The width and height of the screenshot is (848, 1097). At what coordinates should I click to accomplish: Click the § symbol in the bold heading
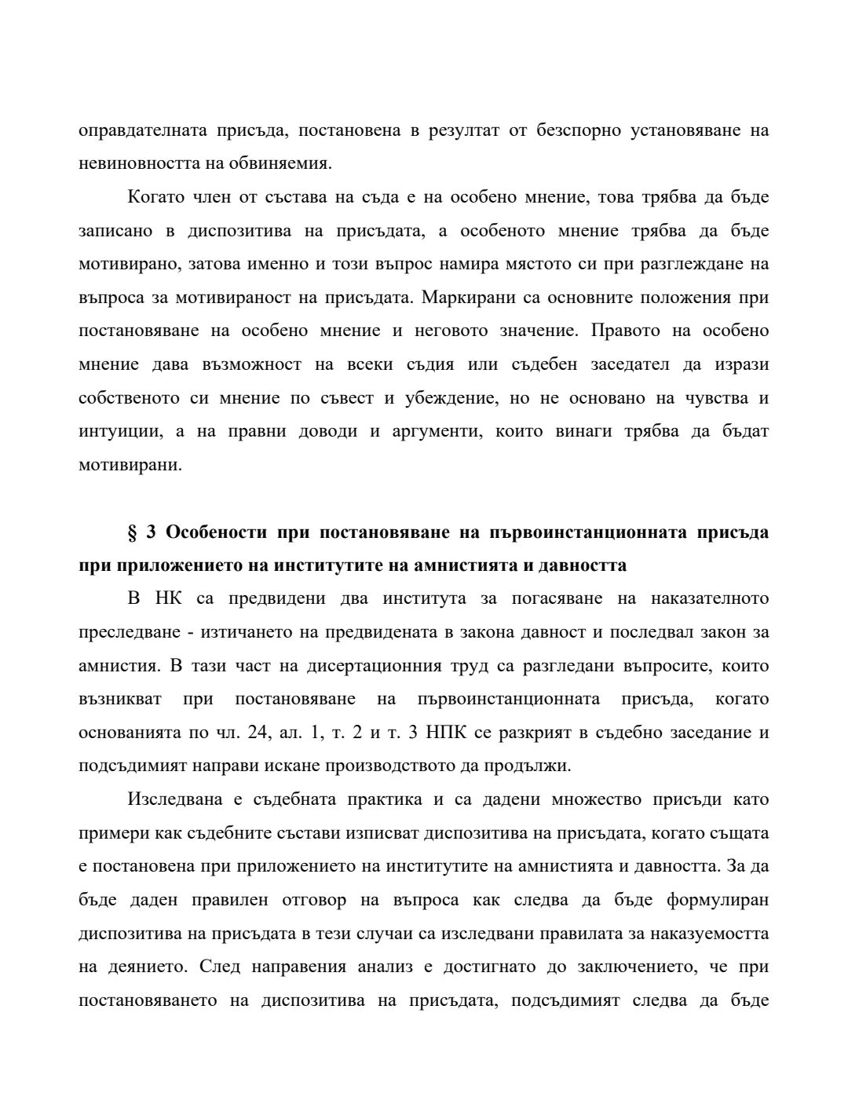click(x=132, y=532)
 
